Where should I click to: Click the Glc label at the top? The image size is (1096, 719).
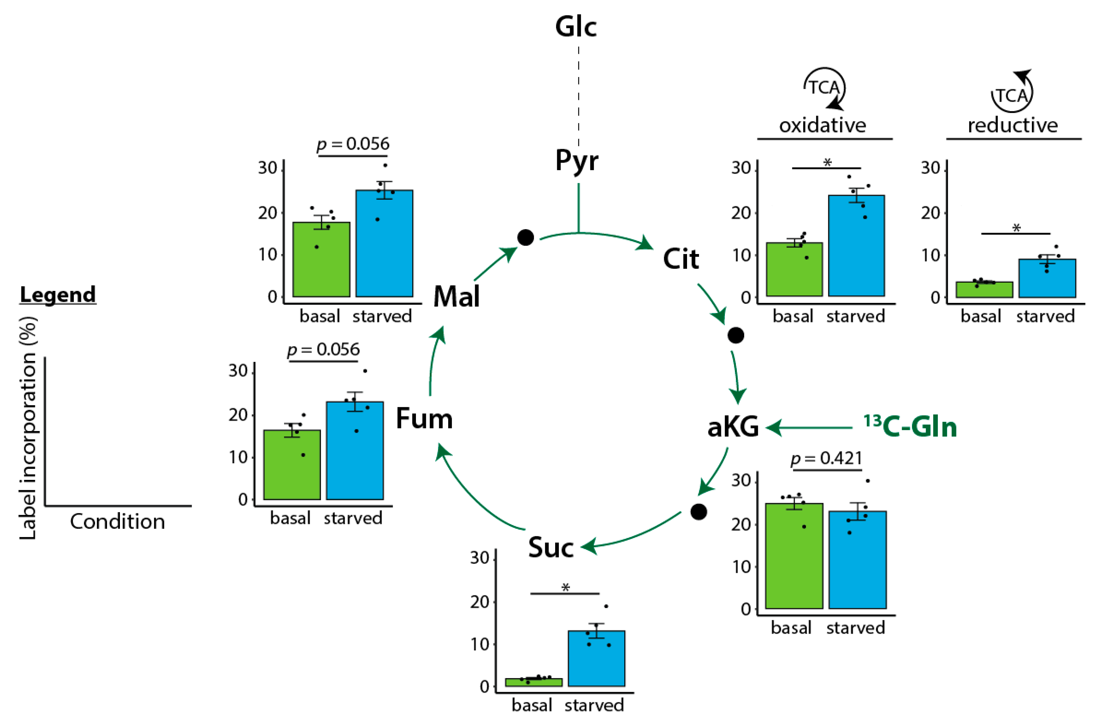(x=576, y=27)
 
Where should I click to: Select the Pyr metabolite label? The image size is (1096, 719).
(x=576, y=161)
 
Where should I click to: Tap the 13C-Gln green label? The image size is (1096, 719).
(x=910, y=427)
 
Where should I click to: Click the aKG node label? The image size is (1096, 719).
(x=733, y=427)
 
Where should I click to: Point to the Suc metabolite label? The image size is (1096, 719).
(x=551, y=547)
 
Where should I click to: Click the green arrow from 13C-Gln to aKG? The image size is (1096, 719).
(x=811, y=428)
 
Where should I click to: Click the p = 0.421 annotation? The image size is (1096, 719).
(x=826, y=458)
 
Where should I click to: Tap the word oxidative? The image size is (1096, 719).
(x=823, y=125)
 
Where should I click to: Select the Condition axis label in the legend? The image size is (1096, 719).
(x=117, y=521)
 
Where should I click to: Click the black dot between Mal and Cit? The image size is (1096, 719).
(x=526, y=237)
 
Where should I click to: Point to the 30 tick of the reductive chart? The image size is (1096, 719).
(x=930, y=168)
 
